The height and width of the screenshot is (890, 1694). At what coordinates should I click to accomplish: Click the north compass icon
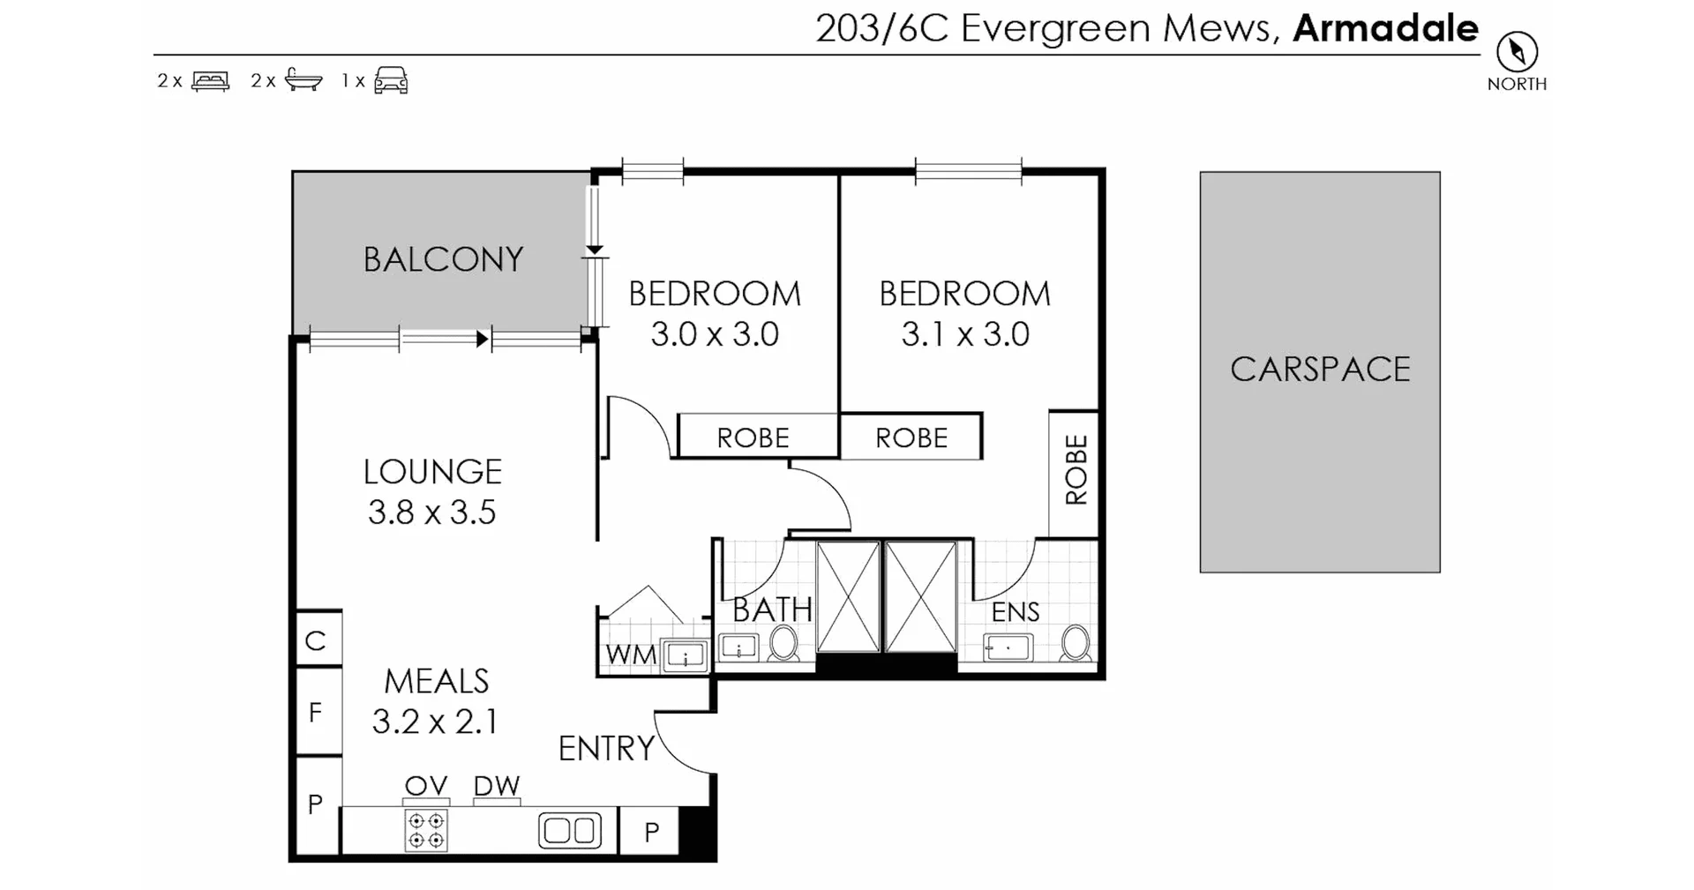(1517, 52)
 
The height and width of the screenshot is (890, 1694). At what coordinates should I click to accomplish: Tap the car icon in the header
(391, 80)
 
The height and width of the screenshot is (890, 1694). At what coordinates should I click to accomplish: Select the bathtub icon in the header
(304, 80)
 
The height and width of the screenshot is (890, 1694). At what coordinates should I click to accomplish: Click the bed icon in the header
(210, 80)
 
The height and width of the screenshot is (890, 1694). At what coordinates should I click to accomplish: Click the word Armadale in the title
(1385, 28)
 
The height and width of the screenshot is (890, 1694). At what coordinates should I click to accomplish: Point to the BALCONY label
(443, 259)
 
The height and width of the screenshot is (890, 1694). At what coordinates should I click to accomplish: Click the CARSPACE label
(1320, 370)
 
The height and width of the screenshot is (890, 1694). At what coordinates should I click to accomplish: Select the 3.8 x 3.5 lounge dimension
(431, 512)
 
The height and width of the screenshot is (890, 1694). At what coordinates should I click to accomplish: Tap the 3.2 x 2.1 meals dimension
(435, 722)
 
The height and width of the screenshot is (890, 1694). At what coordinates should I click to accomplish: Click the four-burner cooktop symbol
(426, 830)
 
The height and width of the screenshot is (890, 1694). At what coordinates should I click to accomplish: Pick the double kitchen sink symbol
(570, 830)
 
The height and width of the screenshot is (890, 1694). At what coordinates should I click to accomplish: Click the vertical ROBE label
(1076, 469)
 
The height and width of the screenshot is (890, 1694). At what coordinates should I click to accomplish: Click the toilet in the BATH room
(783, 643)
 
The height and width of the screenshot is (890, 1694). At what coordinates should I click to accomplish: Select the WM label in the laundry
(631, 655)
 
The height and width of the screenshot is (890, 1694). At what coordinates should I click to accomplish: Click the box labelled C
(316, 640)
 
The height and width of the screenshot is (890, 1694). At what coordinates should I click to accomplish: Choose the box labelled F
(316, 713)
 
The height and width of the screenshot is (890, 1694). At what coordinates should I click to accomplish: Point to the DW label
(497, 786)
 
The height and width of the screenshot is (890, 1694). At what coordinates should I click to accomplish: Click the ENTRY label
(606, 749)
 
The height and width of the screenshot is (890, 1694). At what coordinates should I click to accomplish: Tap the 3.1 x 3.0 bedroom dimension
(965, 334)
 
